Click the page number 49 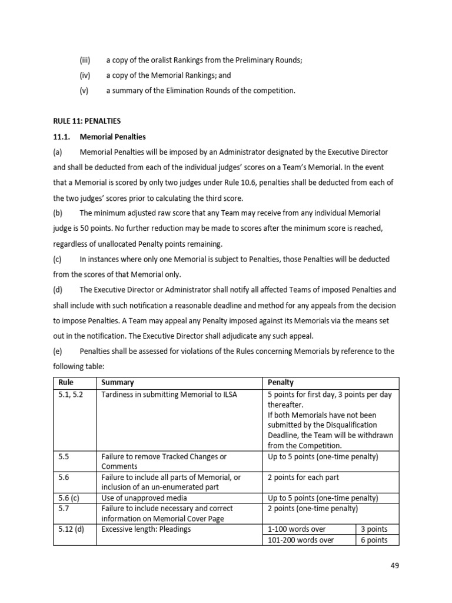394,566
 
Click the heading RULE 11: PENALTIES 87,121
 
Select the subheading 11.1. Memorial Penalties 99,137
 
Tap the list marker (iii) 87,61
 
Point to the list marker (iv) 87,75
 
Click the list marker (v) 86,91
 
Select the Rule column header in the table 66,383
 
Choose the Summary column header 118,383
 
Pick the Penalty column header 281,383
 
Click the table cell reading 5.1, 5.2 71,395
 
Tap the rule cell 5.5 64,456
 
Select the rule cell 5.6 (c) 69,498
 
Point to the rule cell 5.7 64,508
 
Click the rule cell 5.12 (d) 72,529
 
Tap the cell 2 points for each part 303,477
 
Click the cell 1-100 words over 297,529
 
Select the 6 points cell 374,540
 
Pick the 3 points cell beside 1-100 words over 374,529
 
